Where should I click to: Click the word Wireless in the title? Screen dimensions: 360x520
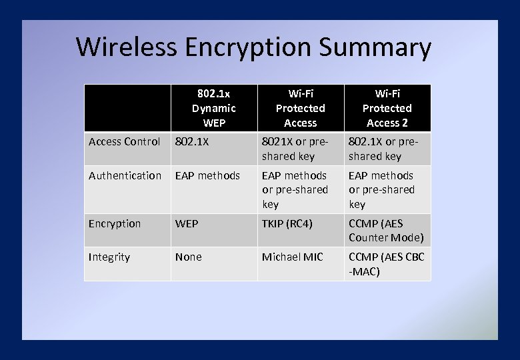click(127, 47)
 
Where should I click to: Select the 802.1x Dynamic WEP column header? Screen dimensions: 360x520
click(213, 108)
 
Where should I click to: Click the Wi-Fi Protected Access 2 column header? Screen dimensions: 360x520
click(387, 108)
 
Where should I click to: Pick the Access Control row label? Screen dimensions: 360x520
click(125, 141)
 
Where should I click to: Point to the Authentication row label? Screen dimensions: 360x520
click(125, 175)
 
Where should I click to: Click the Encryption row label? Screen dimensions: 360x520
click(115, 223)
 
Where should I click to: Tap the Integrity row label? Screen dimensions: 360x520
click(109, 257)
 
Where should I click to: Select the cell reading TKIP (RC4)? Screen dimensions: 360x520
click(287, 223)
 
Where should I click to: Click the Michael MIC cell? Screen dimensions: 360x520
click(292, 257)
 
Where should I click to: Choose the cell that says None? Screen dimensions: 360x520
click(188, 257)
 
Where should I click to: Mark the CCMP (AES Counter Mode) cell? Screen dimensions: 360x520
click(386, 231)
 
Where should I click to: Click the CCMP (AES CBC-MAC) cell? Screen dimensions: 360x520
click(386, 264)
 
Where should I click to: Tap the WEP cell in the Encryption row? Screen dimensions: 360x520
click(187, 223)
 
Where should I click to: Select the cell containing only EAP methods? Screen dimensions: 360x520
click(207, 175)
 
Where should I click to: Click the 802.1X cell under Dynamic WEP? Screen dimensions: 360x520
click(191, 141)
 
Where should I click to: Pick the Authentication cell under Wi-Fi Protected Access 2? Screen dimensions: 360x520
click(381, 190)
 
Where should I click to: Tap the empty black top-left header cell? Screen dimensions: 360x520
click(127, 108)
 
